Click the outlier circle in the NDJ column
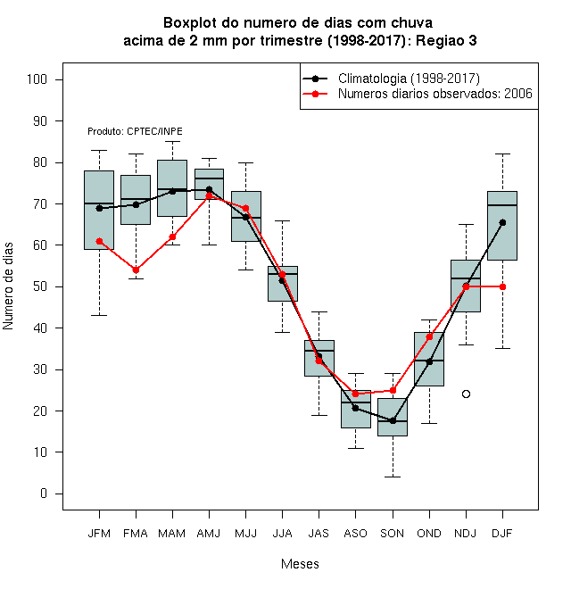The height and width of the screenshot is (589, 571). click(x=466, y=394)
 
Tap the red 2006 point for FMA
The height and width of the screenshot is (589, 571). click(x=136, y=270)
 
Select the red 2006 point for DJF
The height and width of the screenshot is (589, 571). click(x=502, y=287)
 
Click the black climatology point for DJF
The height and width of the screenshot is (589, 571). click(x=502, y=223)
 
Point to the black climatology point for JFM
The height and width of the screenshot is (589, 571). click(x=99, y=209)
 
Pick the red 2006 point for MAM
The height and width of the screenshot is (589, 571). click(x=172, y=237)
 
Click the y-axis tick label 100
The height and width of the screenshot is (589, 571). click(x=37, y=79)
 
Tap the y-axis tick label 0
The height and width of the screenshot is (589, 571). click(x=44, y=494)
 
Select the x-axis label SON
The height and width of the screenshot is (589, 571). click(x=393, y=534)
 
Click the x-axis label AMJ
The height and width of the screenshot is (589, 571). click(x=209, y=534)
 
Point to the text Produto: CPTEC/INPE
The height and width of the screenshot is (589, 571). click(x=135, y=131)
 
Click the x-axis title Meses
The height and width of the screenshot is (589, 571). click(x=300, y=564)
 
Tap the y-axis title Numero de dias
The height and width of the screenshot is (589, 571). click(x=8, y=286)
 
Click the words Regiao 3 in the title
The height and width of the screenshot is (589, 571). click(x=446, y=40)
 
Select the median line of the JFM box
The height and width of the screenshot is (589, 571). click(x=99, y=203)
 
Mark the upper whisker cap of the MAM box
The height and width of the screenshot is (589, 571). click(x=172, y=142)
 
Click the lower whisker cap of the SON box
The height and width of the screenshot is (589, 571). click(x=393, y=477)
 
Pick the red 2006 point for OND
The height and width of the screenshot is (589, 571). click(x=429, y=337)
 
